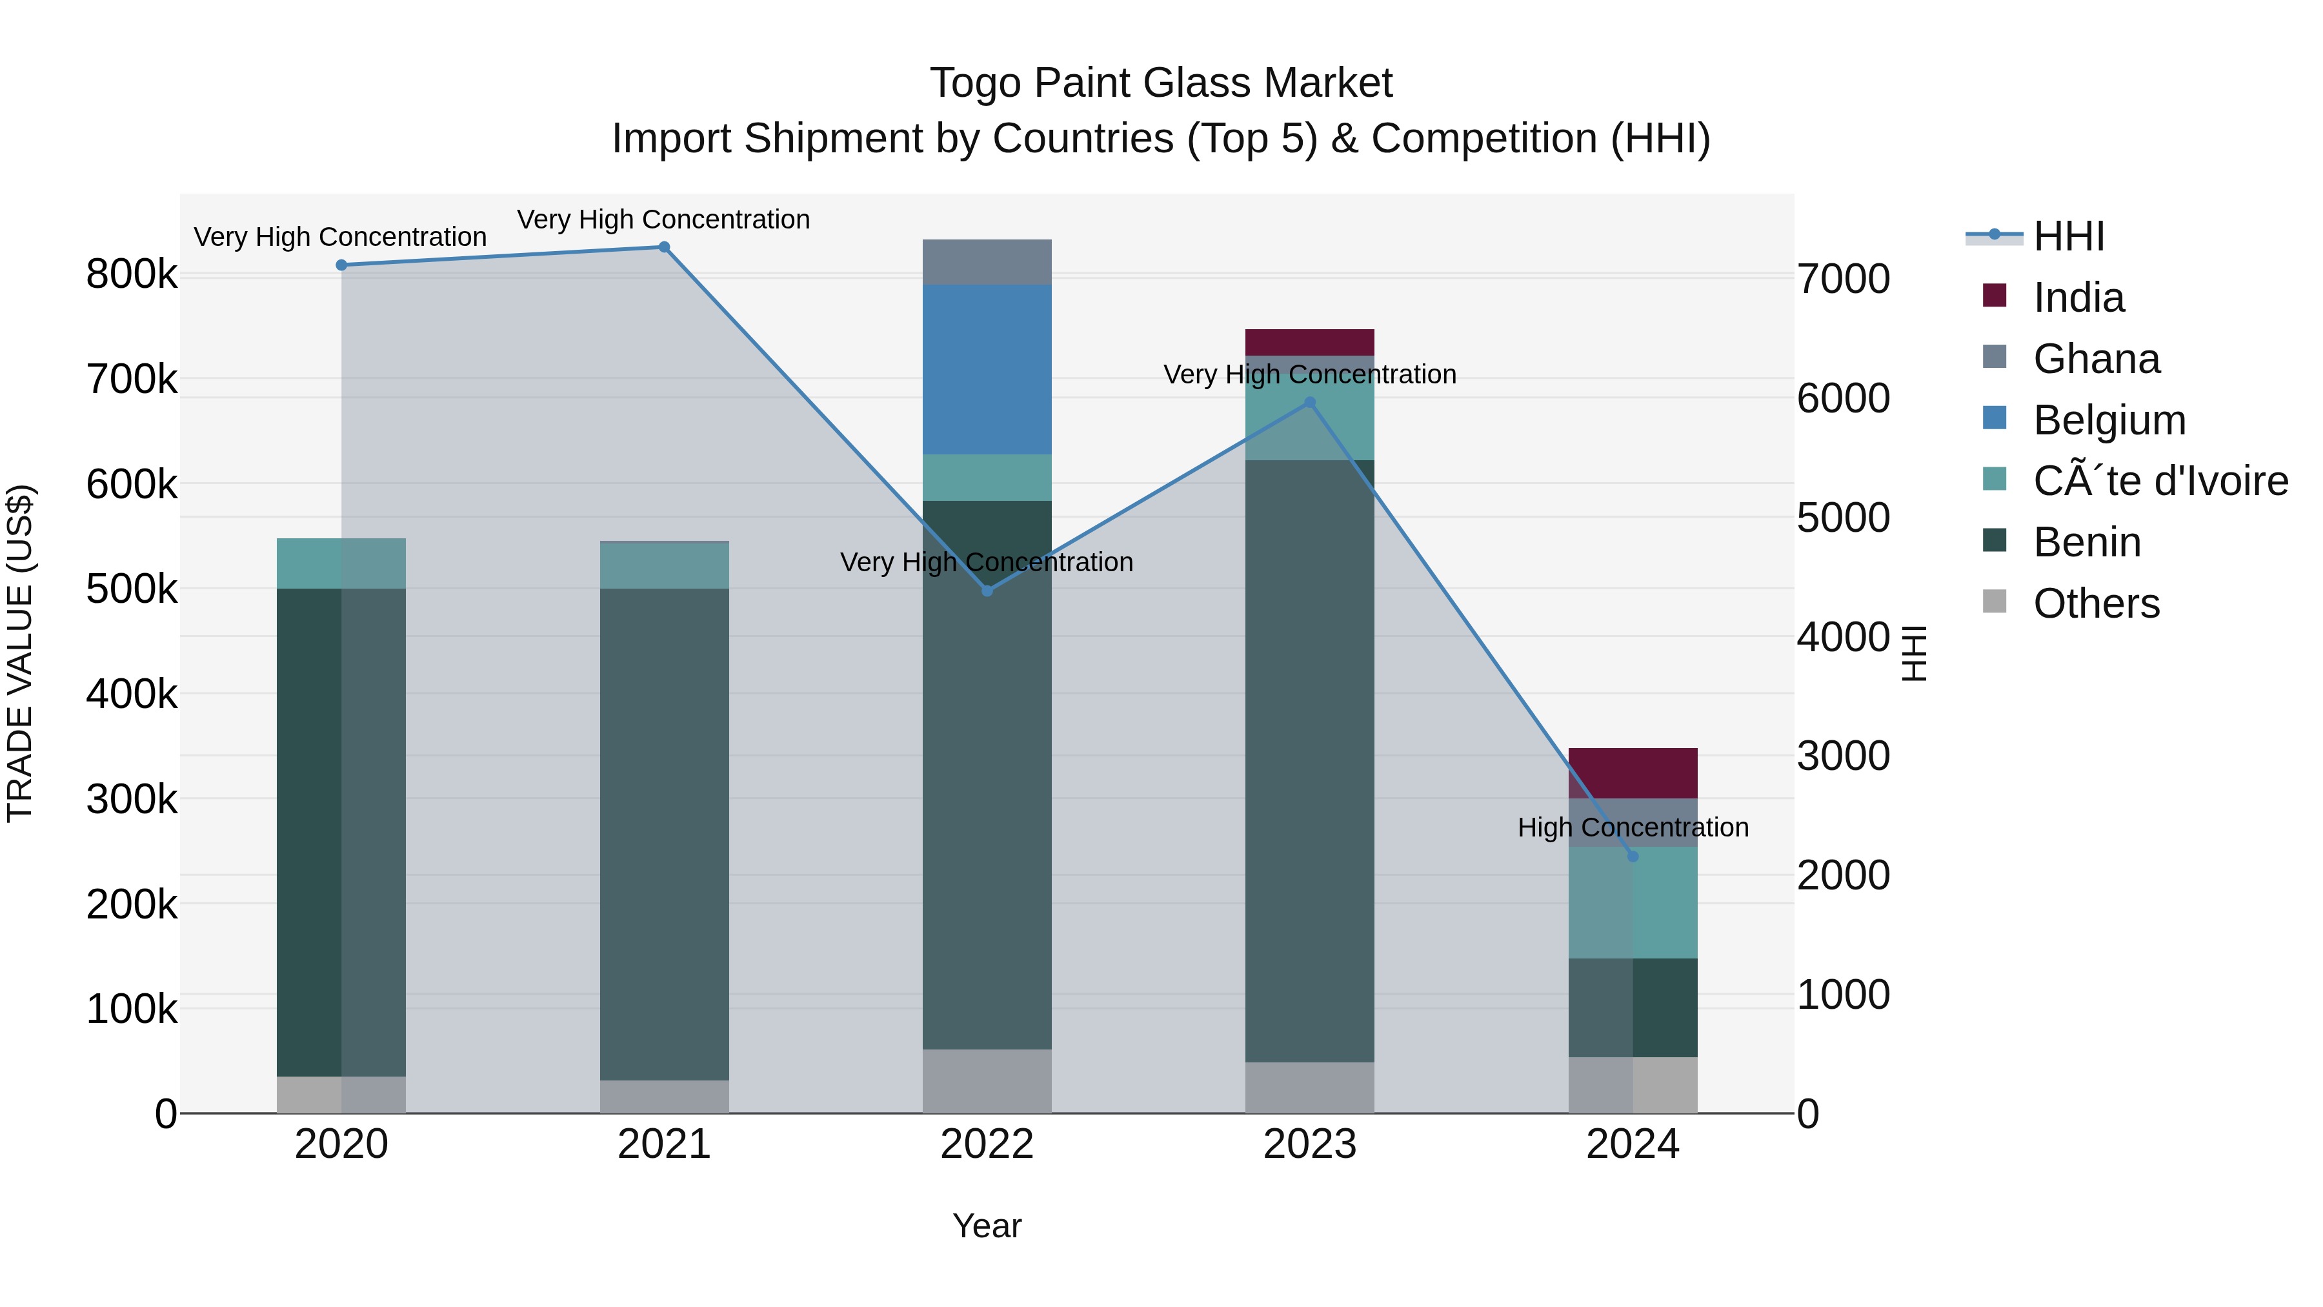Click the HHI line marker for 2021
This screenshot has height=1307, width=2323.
click(664, 247)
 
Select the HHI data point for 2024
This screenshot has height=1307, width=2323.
click(1633, 856)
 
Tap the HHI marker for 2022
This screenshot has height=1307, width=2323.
click(987, 591)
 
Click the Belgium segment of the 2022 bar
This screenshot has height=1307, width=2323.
click(987, 370)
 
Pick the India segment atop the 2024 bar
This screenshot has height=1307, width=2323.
click(1633, 773)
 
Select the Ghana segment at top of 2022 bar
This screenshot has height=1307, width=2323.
click(987, 263)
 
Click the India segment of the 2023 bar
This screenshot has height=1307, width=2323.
click(1309, 343)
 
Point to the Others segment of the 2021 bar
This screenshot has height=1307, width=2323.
click(664, 1096)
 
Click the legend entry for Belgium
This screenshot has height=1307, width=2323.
click(2108, 420)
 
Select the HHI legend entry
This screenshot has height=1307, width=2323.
click(2069, 236)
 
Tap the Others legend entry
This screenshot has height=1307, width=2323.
click(2096, 603)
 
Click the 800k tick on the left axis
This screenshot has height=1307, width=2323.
click(132, 274)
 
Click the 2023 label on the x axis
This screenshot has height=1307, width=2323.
click(1309, 1144)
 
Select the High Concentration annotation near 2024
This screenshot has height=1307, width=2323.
click(1633, 827)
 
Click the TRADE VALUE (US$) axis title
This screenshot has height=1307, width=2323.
click(20, 653)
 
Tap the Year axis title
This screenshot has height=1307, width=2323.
click(987, 1226)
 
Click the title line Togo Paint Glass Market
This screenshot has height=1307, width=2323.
click(1161, 83)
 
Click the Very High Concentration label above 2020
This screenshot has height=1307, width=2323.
click(340, 238)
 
